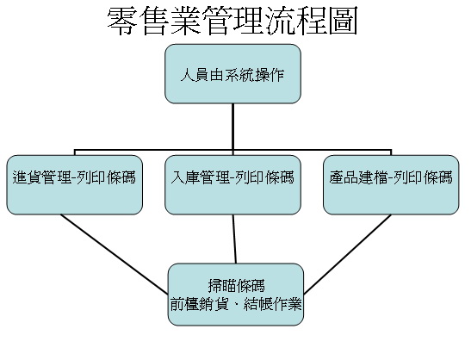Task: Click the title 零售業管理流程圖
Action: click(232, 21)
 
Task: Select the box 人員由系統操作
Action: click(232, 74)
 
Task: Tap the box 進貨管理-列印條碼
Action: click(75, 185)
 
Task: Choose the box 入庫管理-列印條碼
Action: click(232, 185)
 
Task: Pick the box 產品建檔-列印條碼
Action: click(391, 185)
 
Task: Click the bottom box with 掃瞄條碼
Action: click(236, 295)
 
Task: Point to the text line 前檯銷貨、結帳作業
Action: click(236, 304)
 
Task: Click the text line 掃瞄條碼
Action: click(237, 286)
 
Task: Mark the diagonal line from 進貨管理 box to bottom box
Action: click(115, 254)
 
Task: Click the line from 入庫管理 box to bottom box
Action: click(234, 239)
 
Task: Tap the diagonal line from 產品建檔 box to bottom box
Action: click(347, 254)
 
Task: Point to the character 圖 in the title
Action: click(343, 21)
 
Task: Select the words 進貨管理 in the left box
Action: click(41, 177)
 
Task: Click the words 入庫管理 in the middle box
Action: click(200, 177)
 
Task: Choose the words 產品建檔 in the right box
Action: click(358, 177)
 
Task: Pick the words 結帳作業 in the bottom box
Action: click(273, 304)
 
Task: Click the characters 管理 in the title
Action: click(232, 21)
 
